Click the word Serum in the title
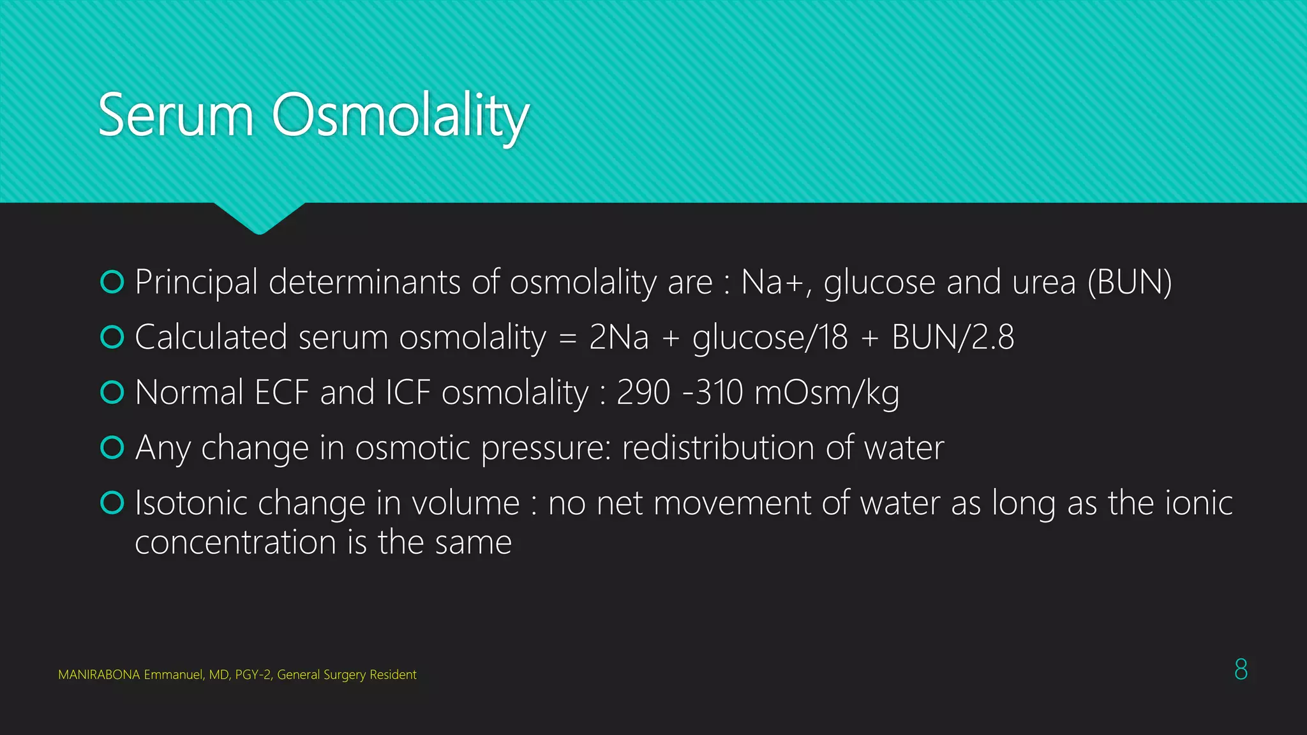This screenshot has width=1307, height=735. tap(176, 115)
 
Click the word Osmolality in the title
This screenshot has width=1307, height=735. tap(401, 115)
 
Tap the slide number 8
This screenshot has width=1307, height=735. tap(1241, 669)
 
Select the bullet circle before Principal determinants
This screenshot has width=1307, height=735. tap(112, 282)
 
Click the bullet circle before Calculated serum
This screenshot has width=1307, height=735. tap(112, 337)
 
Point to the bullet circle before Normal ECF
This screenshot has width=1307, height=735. tap(112, 392)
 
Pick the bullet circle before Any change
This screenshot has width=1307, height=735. tap(112, 447)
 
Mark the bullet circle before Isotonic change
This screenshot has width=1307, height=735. tap(112, 503)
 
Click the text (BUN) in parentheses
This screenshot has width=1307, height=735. tap(1130, 283)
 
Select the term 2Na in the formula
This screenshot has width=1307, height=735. tap(618, 338)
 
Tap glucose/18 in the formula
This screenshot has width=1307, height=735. tap(770, 338)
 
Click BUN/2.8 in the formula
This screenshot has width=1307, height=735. tap(953, 338)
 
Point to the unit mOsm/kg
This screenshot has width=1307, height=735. tap(827, 393)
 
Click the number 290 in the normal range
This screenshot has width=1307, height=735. tap(643, 393)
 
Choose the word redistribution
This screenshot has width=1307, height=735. tap(717, 448)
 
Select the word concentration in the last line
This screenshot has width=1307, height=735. tap(235, 543)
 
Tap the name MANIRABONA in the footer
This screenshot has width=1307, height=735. tap(98, 675)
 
